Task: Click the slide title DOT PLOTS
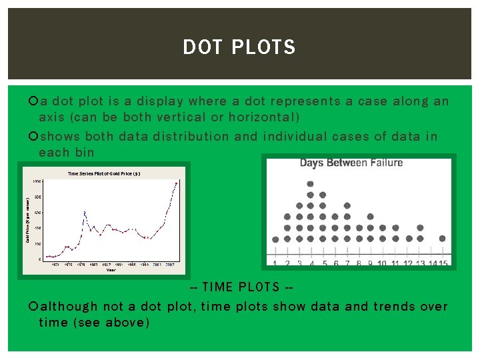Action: coord(239,47)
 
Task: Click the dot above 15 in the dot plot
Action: coord(443,238)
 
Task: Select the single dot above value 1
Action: coord(275,239)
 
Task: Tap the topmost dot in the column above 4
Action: coord(311,183)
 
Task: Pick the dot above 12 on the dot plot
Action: coord(408,238)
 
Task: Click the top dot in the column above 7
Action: coord(347,206)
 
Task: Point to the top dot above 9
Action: coord(371,217)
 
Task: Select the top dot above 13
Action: coord(419,227)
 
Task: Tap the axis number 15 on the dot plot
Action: coord(443,263)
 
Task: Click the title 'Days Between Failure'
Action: coord(351,163)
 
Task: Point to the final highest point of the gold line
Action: coord(176,183)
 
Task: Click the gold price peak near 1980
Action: coord(84,212)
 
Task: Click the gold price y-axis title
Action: coord(28,219)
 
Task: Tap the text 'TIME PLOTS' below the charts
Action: coord(241,287)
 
